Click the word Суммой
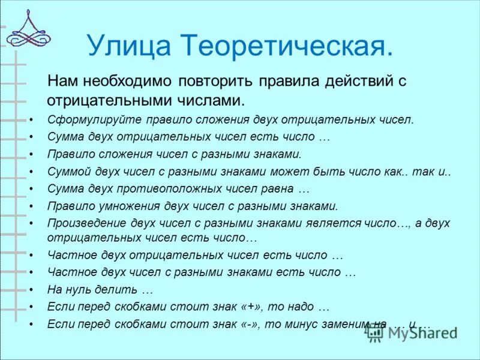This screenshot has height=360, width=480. [x=66, y=171]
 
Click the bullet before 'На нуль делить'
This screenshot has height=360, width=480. [x=31, y=289]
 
